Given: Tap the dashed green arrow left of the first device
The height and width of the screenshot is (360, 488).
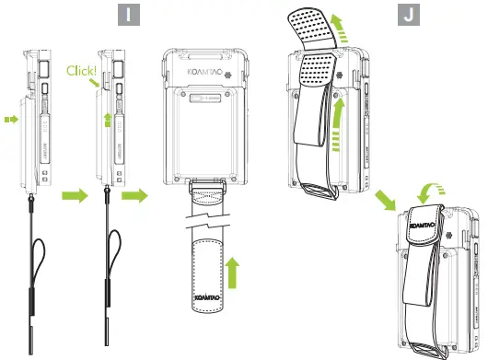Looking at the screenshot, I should [x=11, y=118].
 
